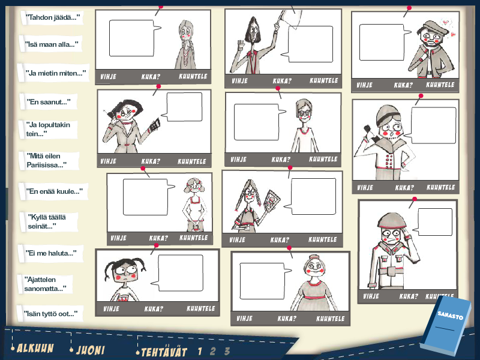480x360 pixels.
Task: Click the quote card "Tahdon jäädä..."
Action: (52, 17)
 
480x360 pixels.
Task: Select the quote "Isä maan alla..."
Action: (51, 44)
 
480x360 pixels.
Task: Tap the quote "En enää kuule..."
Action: (54, 191)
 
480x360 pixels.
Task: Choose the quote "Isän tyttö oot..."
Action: (50, 314)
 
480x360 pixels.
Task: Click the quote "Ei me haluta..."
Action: (51, 253)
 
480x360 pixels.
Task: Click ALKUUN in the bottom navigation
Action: (35, 348)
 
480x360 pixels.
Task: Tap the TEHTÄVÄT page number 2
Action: (213, 352)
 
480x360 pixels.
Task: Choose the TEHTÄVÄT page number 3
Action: (227, 351)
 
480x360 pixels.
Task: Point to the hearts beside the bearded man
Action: (448, 28)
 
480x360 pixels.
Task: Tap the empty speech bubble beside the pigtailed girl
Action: (181, 273)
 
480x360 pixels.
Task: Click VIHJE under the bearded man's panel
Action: (364, 85)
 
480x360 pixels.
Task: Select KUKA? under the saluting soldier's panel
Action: (409, 296)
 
